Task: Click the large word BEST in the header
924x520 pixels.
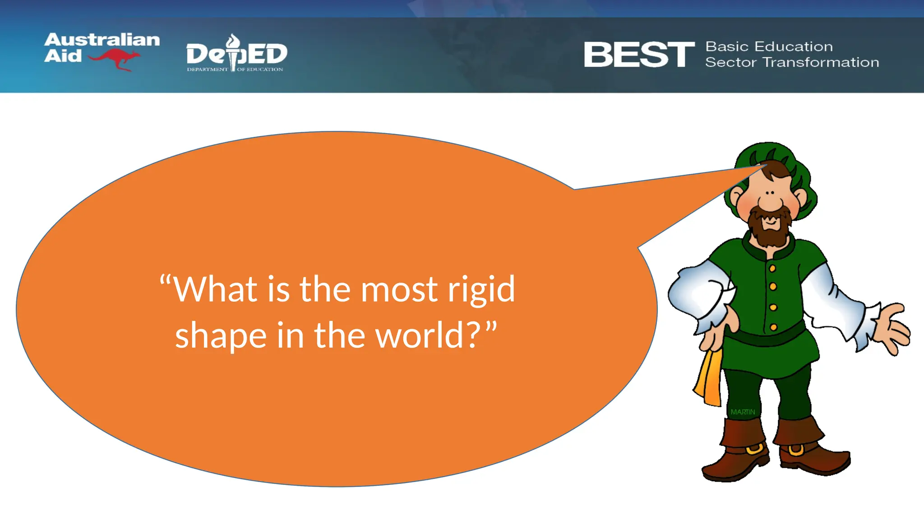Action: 639,55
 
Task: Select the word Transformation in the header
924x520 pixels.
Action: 821,62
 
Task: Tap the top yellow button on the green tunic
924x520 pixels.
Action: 772,269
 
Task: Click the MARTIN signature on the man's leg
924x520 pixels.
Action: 743,412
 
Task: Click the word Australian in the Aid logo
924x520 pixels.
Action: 102,40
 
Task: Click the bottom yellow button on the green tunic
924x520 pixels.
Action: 773,327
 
